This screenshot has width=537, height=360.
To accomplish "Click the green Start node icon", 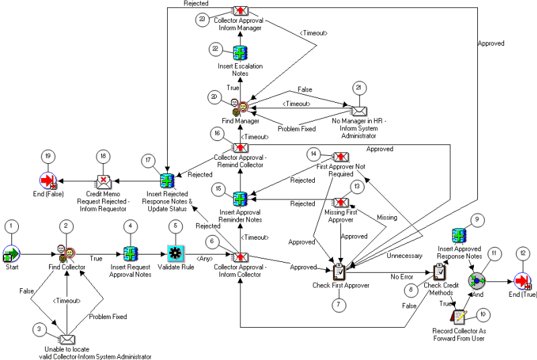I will tap(12, 255).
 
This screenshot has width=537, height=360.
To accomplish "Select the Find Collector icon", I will tap(66, 255).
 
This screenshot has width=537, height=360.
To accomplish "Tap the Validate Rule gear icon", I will tap(176, 255).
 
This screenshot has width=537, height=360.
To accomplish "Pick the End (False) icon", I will tap(48, 180).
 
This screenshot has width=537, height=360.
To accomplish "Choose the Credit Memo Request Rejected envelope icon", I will tap(103, 180).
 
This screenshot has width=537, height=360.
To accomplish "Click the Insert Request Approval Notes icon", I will tap(130, 255).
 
